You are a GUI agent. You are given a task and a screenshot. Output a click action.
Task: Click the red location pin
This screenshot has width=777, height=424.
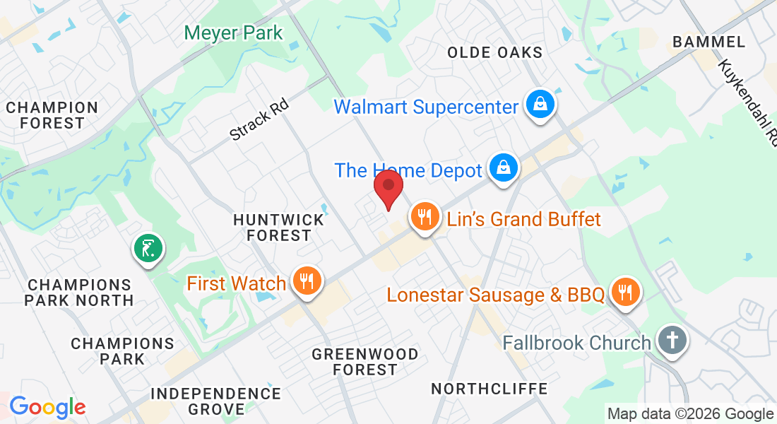388,187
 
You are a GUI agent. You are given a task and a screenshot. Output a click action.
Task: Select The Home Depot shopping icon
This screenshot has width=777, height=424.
502,169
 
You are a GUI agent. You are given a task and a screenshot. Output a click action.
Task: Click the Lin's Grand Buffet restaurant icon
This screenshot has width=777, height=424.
424,217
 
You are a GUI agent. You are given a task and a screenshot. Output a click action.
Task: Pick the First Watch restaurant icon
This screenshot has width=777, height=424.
306,282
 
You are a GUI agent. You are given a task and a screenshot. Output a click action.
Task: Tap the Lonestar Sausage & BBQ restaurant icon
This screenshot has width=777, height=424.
624,292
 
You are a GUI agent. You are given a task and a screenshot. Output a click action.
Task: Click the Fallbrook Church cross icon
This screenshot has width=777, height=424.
671,341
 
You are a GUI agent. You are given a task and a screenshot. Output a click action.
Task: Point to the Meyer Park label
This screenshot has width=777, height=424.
233,33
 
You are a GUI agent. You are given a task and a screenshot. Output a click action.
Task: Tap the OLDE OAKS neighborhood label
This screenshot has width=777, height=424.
495,52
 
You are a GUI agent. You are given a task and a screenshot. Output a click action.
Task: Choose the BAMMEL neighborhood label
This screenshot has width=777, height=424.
708,42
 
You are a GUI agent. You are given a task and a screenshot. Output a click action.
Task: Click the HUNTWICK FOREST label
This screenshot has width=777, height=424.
278,228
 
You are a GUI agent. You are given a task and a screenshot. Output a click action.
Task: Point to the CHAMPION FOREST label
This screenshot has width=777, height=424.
52,115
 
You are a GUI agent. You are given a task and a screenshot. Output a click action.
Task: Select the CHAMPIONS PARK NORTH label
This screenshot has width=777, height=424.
78,293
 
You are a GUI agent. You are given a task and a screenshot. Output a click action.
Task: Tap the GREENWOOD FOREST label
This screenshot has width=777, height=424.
365,361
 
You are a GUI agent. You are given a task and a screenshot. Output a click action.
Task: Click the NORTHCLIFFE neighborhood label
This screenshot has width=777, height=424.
489,389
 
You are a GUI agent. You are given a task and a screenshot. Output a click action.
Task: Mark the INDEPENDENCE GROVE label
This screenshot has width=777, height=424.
215,401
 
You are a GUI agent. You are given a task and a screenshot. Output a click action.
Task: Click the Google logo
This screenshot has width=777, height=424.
47,407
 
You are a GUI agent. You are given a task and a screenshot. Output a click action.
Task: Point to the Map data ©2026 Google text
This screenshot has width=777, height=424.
690,414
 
